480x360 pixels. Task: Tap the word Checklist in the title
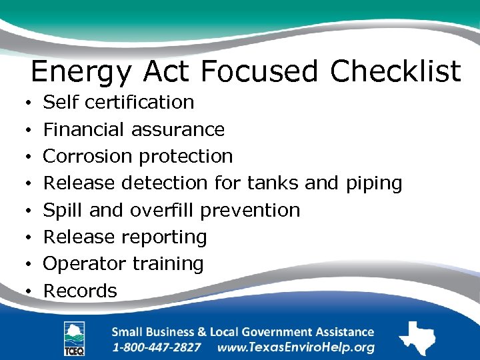(395, 71)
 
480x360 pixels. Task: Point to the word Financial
(84, 129)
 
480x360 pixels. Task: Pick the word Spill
(63, 210)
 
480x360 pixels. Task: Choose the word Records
(80, 291)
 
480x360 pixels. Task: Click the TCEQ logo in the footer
(73, 339)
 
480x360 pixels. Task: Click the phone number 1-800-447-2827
(157, 347)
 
